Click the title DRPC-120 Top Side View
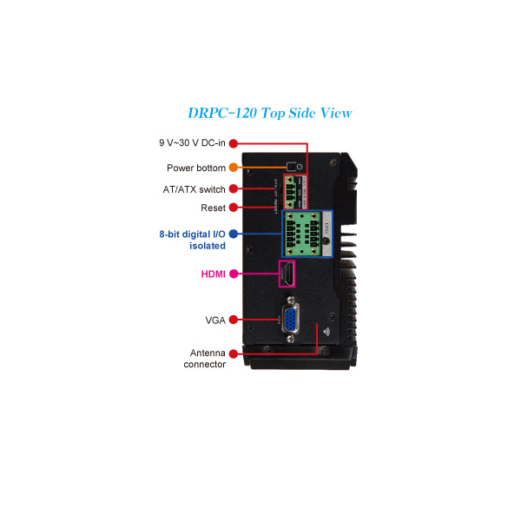pos(270,113)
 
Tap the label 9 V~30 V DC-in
pos(192,143)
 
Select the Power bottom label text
pos(196,168)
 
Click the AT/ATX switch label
pos(194,189)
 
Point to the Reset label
pos(213,208)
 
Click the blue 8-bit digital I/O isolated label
pos(193,240)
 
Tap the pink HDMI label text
pos(214,274)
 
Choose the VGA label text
pos(215,320)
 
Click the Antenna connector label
pos(204,359)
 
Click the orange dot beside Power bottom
pos(234,168)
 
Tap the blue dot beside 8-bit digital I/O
pos(234,234)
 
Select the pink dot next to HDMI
pos(234,274)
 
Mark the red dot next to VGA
pos(234,320)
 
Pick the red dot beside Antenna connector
pos(234,353)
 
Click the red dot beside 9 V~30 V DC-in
pos(234,143)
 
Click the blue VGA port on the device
pos(290,320)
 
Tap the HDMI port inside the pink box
pos(287,274)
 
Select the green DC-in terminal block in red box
pos(290,192)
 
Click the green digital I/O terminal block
pos(301,234)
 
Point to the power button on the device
pos(292,166)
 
